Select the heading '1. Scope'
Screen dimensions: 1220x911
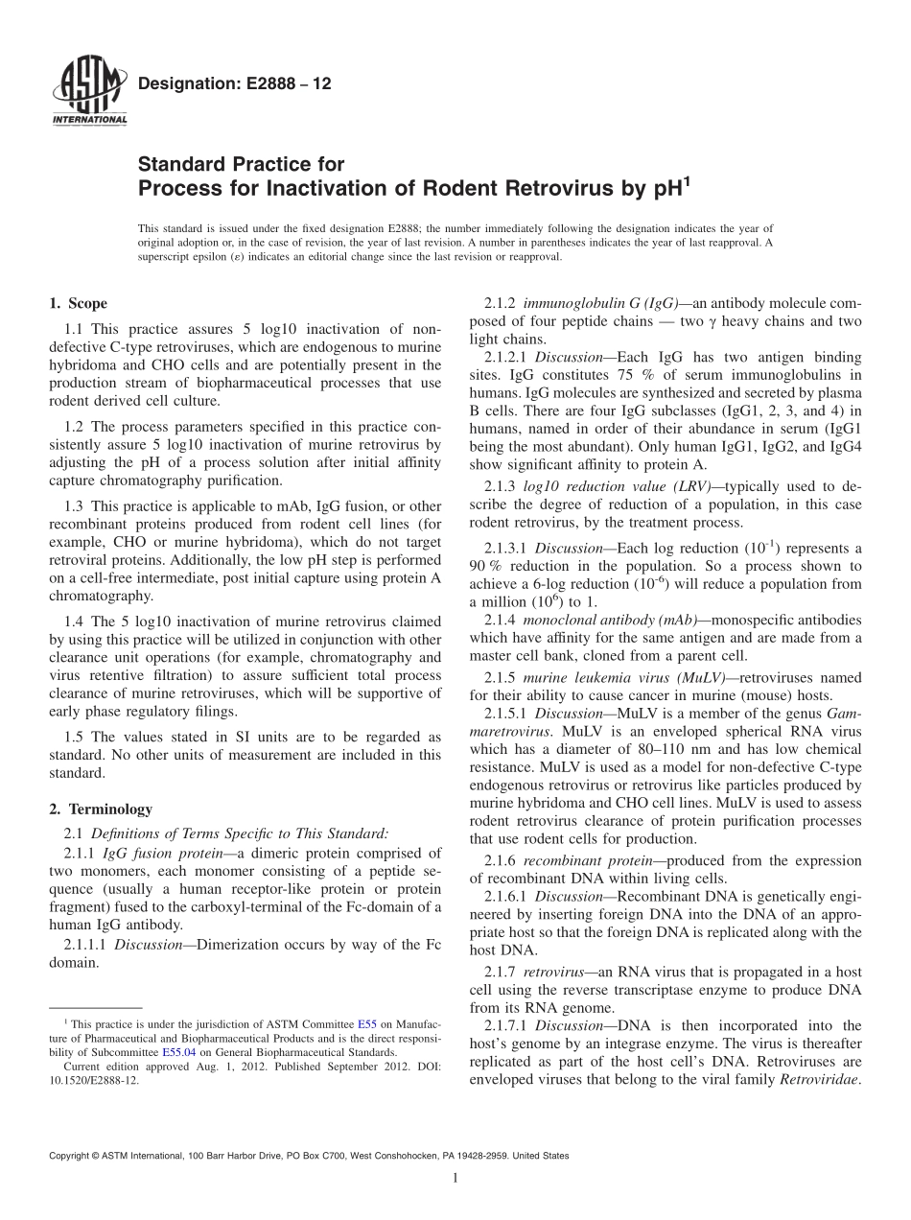tap(78, 304)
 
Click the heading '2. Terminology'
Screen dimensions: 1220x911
tap(100, 809)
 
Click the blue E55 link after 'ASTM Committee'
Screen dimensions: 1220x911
tap(365, 1025)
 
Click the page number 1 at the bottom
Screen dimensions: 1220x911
tap(456, 1179)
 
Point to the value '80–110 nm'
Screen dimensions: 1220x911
tap(698, 749)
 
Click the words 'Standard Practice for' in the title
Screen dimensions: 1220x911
tap(241, 164)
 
